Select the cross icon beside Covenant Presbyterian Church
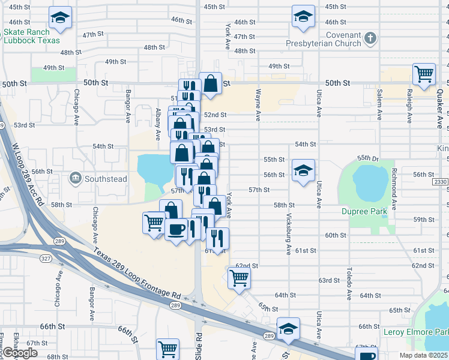(x=371, y=38)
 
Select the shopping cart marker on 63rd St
(x=239, y=278)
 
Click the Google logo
(x=20, y=353)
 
